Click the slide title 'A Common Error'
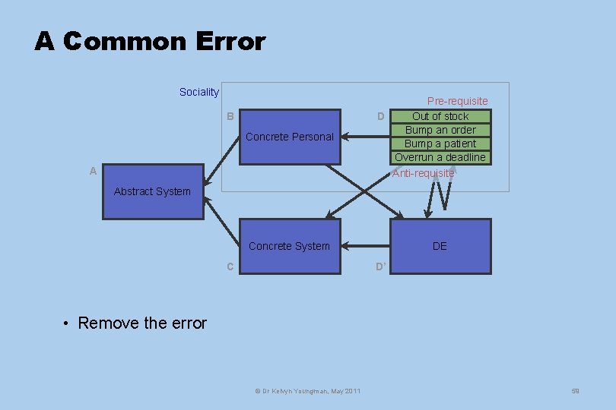(150, 41)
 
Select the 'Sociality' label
(198, 92)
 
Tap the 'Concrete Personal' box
(290, 137)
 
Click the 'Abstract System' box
(153, 191)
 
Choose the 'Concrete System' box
(290, 246)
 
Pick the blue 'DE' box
(440, 246)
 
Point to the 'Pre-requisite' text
(457, 101)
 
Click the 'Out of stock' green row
(440, 116)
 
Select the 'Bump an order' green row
(440, 130)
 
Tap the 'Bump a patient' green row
(440, 143)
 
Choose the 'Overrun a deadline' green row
(440, 157)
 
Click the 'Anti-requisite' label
(423, 173)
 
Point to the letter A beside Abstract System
(93, 171)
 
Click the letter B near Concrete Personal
(230, 116)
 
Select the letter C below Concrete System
(230, 266)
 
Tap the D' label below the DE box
(381, 266)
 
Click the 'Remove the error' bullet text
(142, 323)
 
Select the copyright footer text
(307, 390)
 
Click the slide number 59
(575, 390)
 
